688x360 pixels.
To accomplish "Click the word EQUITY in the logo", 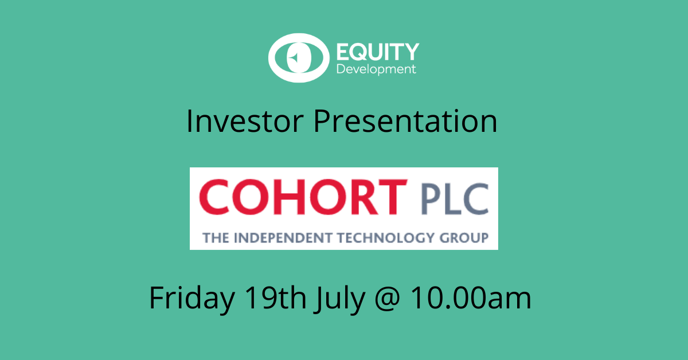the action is (378, 52).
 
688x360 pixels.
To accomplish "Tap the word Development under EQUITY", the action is (376, 69).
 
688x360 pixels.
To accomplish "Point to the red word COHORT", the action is (303, 197).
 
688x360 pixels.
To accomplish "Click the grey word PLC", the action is (455, 199).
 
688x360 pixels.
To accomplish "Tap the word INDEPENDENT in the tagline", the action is (283, 238).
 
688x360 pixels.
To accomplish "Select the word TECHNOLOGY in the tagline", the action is (386, 238).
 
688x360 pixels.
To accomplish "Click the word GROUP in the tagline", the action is (464, 238).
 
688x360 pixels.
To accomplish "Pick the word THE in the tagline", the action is (216, 238).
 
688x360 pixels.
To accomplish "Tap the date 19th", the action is (275, 297).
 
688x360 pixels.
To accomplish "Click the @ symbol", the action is (388, 299).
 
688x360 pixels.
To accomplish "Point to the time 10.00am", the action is (471, 298).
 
